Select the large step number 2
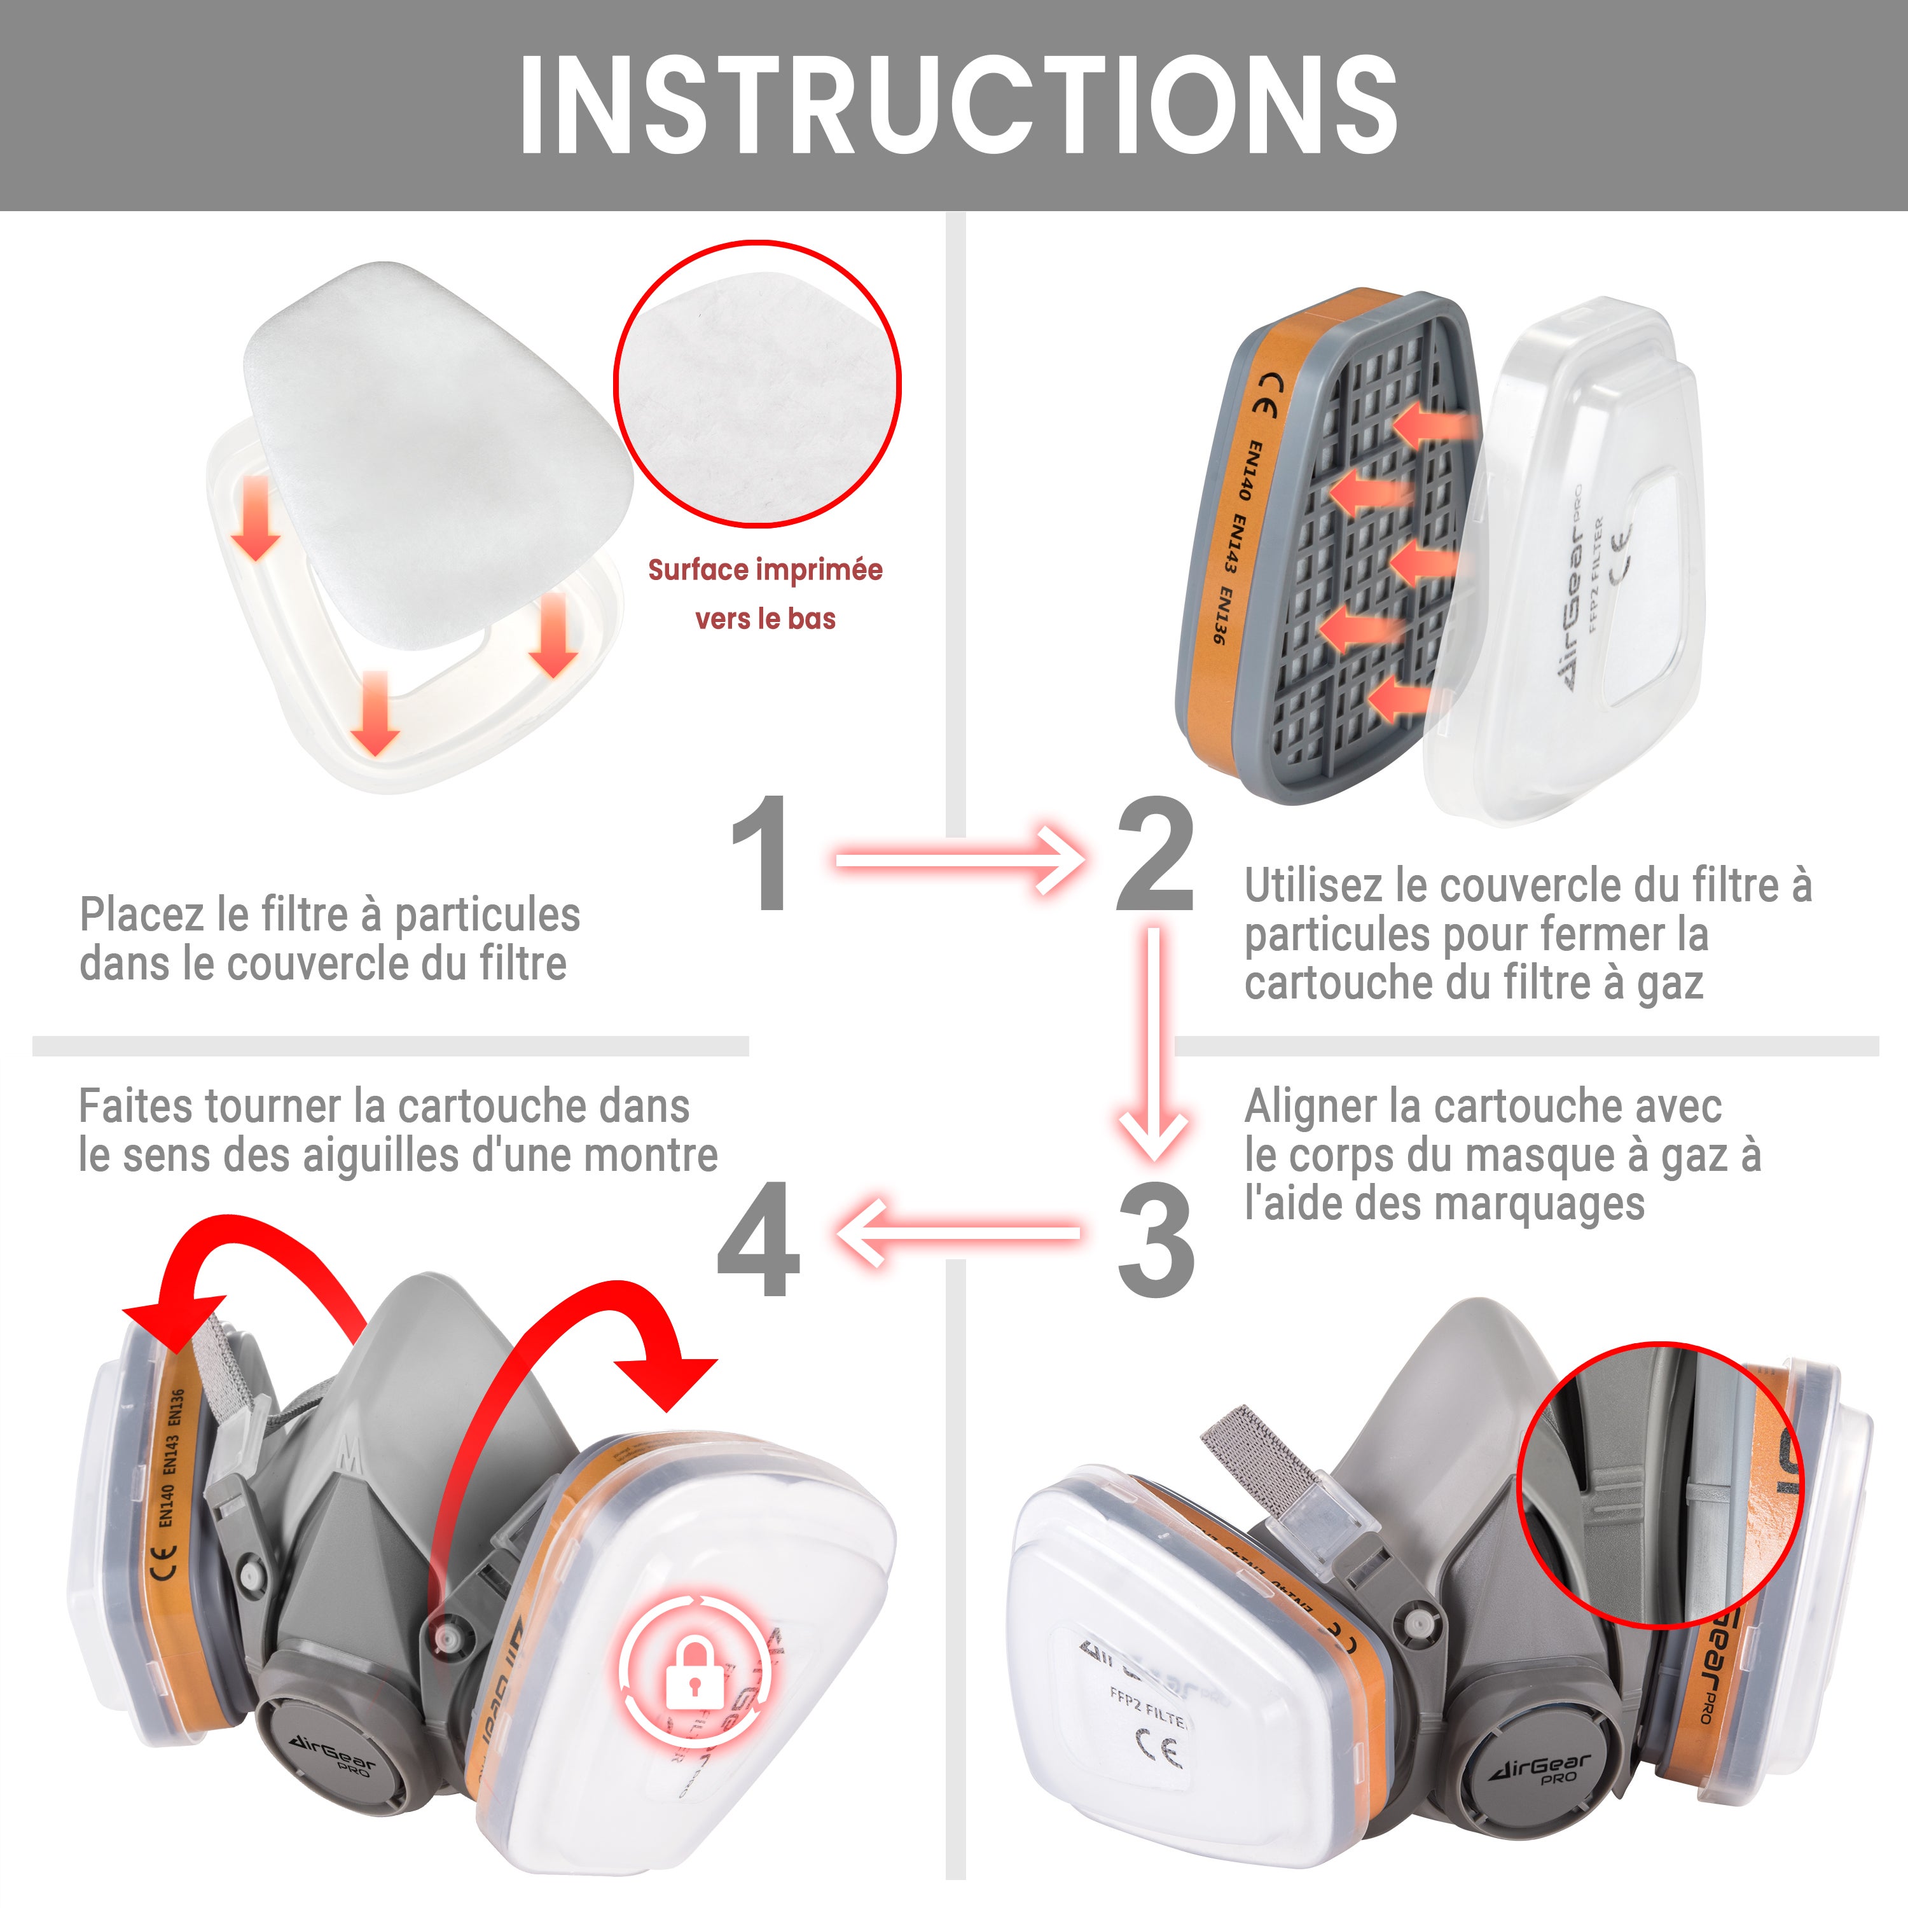(1154, 854)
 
